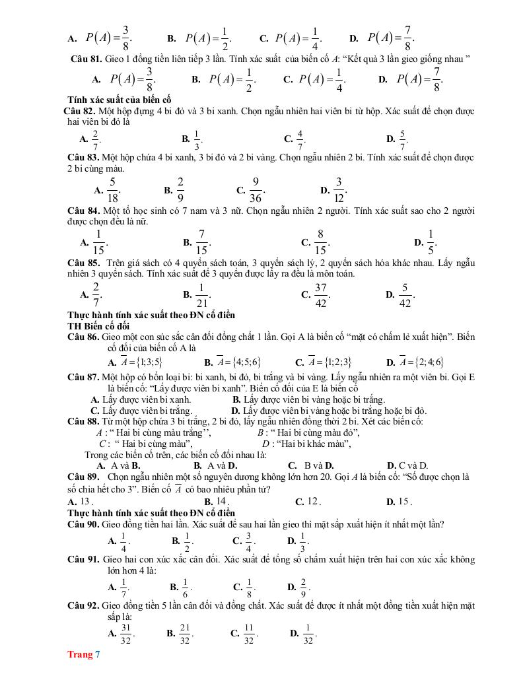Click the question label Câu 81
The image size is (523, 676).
point(85,59)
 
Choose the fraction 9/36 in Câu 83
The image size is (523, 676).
point(256,189)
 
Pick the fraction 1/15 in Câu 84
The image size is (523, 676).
point(98,242)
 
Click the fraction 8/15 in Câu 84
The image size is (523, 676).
point(320,242)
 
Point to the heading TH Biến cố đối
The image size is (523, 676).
point(99,325)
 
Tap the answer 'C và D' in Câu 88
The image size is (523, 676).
point(413,465)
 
